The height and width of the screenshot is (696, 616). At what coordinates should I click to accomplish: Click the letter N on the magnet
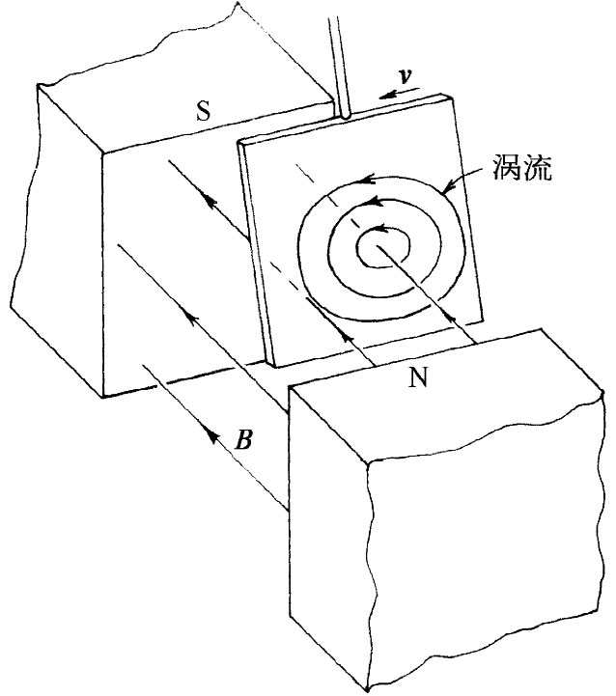[418, 378]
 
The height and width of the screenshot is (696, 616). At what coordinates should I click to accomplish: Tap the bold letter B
[246, 441]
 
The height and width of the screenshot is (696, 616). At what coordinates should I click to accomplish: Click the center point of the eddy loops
[378, 247]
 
